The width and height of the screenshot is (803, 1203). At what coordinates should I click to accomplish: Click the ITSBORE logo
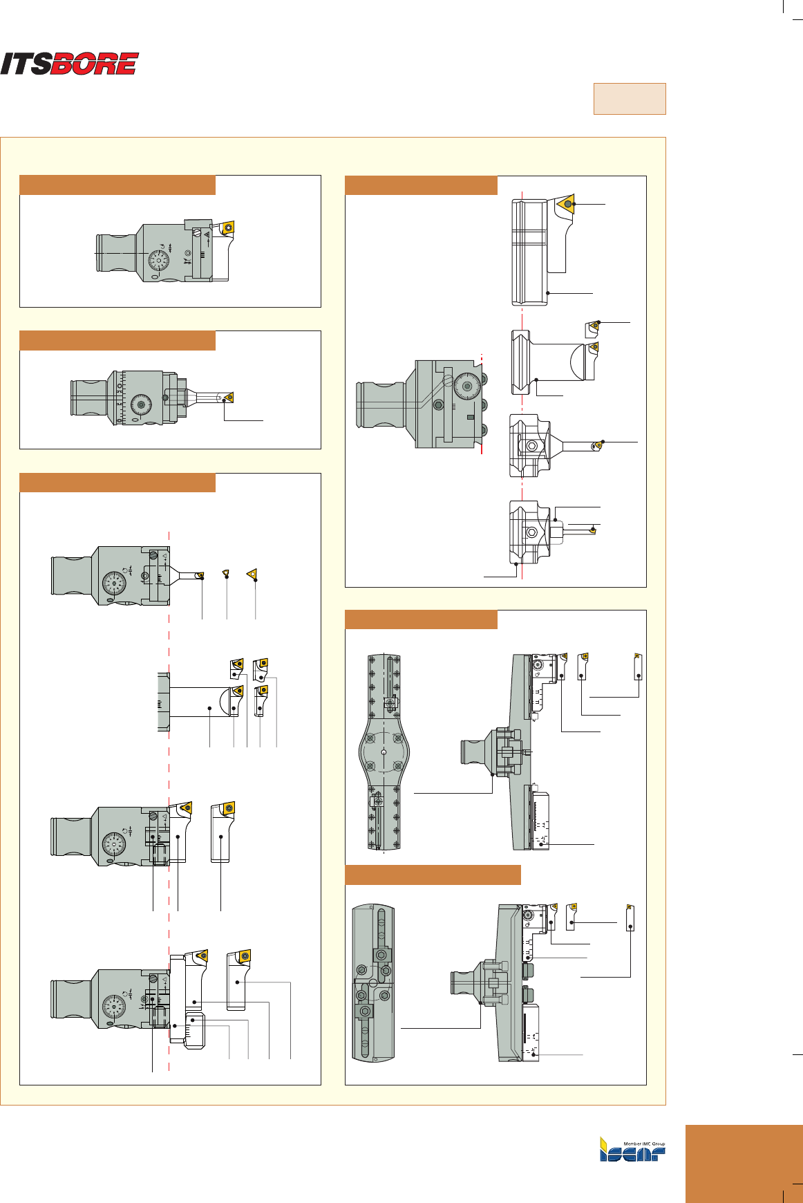pyautogui.click(x=69, y=64)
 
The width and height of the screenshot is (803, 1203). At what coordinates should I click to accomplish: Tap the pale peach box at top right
pyautogui.click(x=629, y=99)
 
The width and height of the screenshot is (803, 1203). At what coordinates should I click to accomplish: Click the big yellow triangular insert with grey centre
pyautogui.click(x=567, y=204)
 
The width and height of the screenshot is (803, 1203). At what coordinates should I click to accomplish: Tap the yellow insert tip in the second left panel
pyautogui.click(x=229, y=398)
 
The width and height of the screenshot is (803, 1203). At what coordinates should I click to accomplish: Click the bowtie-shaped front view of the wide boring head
pyautogui.click(x=384, y=751)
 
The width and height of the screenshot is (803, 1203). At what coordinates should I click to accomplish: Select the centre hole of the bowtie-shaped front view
pyautogui.click(x=384, y=751)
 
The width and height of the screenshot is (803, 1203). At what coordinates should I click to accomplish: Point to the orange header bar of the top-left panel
pyautogui.click(x=117, y=185)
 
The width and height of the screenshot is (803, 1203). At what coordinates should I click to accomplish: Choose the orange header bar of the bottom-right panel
pyautogui.click(x=433, y=875)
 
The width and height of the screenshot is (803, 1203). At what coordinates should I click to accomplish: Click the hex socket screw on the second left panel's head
pyautogui.click(x=142, y=404)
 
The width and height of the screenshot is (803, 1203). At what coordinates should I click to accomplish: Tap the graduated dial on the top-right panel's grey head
pyautogui.click(x=467, y=386)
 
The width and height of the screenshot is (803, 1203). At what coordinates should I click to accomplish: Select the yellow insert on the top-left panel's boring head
pyautogui.click(x=227, y=230)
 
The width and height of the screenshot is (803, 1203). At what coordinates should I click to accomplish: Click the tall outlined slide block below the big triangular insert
pyautogui.click(x=530, y=252)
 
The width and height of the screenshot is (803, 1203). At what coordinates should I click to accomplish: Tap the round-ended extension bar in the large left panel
pyautogui.click(x=200, y=708)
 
